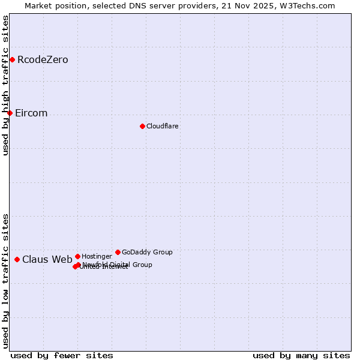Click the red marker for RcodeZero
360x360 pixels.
(x=12, y=59)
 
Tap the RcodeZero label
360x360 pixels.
(x=43, y=60)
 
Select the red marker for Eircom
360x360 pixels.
(x=10, y=113)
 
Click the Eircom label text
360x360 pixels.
(x=31, y=113)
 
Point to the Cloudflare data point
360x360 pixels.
(x=142, y=126)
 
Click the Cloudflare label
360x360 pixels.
(x=162, y=126)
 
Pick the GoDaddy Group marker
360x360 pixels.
(x=118, y=252)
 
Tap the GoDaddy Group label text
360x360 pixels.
(x=147, y=252)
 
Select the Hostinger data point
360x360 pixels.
(x=77, y=256)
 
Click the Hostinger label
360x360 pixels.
(x=97, y=256)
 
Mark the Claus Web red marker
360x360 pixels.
(x=17, y=259)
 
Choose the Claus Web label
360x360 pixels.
(x=47, y=260)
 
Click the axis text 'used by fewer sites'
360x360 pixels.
(x=62, y=355)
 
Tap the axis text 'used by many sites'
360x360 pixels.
(x=301, y=355)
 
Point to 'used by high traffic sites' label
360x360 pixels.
(x=6, y=85)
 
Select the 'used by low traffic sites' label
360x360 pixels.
(x=6, y=280)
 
